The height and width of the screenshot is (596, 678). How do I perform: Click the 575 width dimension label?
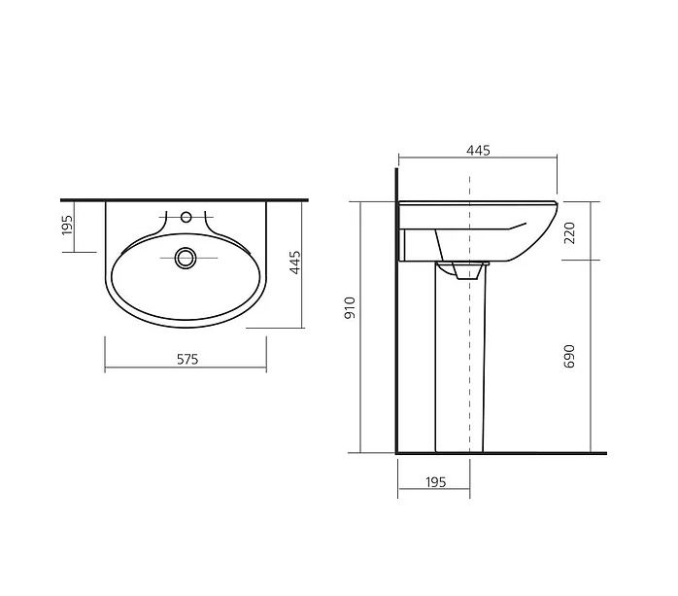coord(187,359)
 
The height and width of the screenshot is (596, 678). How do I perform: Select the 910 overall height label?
coord(350,308)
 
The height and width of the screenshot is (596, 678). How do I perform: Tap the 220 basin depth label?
coord(570,233)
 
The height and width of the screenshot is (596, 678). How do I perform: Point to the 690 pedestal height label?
coord(569,356)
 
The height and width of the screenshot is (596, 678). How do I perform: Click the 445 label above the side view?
coord(478,150)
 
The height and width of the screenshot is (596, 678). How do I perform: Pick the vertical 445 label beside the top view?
coord(295,263)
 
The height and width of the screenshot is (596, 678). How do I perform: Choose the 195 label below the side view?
coord(435,482)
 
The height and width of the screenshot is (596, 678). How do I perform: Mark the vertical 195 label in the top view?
coord(67,225)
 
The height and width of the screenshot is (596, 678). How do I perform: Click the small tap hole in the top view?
coord(186,217)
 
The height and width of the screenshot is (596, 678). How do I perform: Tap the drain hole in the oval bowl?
coord(186,258)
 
